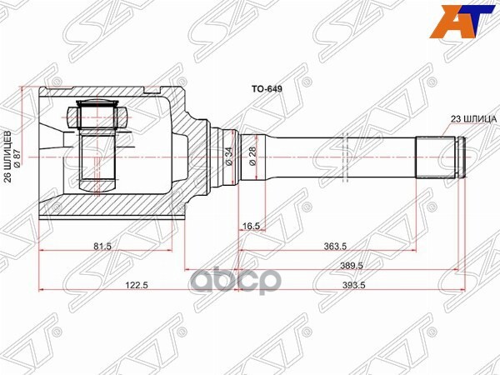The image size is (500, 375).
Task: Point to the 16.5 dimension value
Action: pyautogui.click(x=252, y=225)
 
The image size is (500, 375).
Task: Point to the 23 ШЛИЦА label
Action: pyautogui.click(x=474, y=119)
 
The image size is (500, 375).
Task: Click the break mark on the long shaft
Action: pyautogui.click(x=344, y=155)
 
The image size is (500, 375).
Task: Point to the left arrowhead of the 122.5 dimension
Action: pyautogui.click(x=42, y=290)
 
